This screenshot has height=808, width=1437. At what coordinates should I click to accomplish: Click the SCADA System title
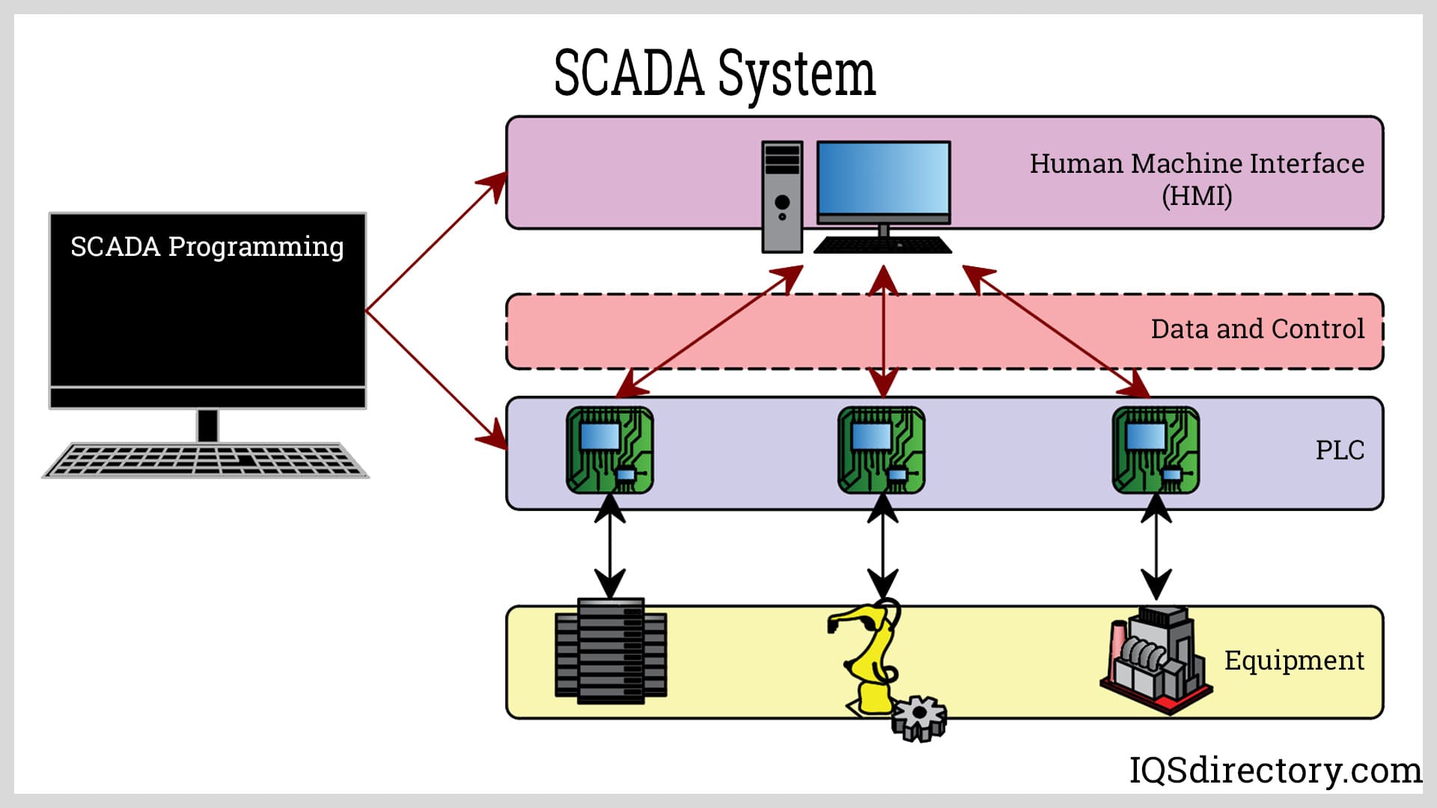714,73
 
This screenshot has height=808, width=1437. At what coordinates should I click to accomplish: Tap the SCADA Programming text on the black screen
207,247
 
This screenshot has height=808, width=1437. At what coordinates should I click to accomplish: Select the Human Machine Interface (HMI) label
1196,179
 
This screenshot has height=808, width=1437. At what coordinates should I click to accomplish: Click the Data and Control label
1257,329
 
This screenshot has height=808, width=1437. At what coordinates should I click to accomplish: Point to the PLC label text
1340,450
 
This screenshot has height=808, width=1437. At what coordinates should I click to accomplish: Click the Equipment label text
1294,661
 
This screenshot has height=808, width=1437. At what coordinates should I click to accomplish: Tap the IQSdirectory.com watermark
1275,770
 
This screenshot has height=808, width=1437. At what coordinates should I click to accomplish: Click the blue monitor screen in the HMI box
883,180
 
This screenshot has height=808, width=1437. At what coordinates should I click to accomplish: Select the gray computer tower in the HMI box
782,197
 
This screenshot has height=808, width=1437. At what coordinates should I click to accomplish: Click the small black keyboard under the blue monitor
882,245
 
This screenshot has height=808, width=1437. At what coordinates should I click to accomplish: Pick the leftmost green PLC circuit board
610,450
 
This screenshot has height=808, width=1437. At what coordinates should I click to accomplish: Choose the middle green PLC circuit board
882,450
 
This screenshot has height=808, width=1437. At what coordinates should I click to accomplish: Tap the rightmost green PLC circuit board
1156,450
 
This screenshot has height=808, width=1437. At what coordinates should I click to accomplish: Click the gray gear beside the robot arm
919,718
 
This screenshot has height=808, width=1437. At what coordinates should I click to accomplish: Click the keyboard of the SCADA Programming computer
205,459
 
